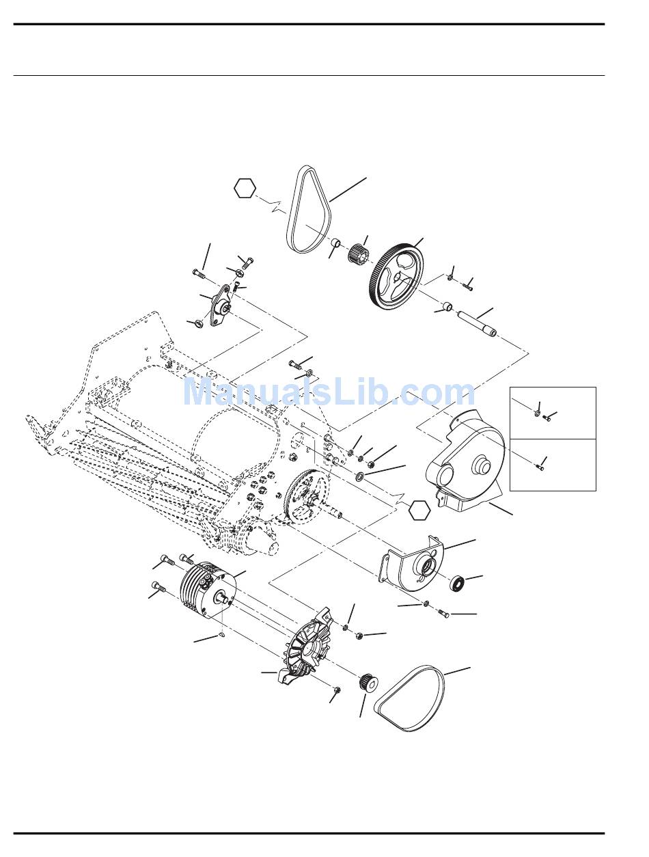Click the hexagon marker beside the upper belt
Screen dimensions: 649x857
point(245,188)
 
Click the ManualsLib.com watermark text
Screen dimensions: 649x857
point(329,393)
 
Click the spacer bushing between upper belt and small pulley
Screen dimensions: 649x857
point(337,244)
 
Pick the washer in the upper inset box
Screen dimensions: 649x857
point(537,412)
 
